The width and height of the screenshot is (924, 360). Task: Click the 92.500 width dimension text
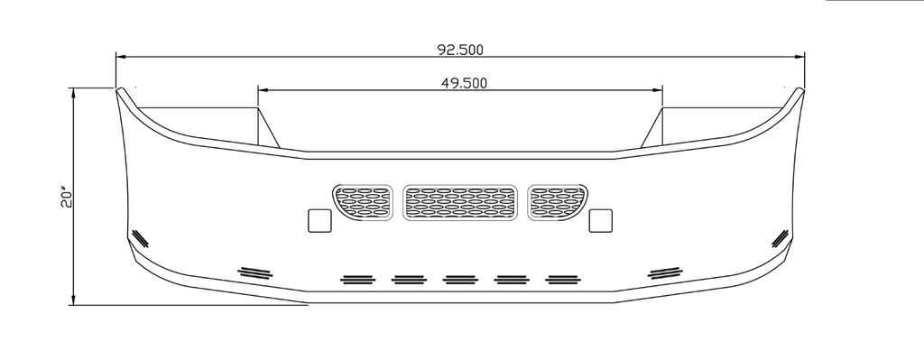click(x=459, y=50)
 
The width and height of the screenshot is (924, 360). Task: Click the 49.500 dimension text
click(x=465, y=83)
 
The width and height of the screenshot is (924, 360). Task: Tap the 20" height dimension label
click(x=66, y=198)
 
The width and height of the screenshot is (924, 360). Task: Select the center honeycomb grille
click(x=459, y=203)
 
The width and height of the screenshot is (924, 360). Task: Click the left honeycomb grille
click(x=363, y=203)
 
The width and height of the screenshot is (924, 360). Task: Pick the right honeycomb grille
click(x=558, y=203)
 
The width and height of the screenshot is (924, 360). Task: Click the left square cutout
click(x=320, y=220)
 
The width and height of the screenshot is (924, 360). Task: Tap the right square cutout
click(x=600, y=220)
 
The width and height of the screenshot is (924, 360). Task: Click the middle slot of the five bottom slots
click(x=460, y=280)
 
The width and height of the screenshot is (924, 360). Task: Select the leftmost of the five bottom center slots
click(x=357, y=280)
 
